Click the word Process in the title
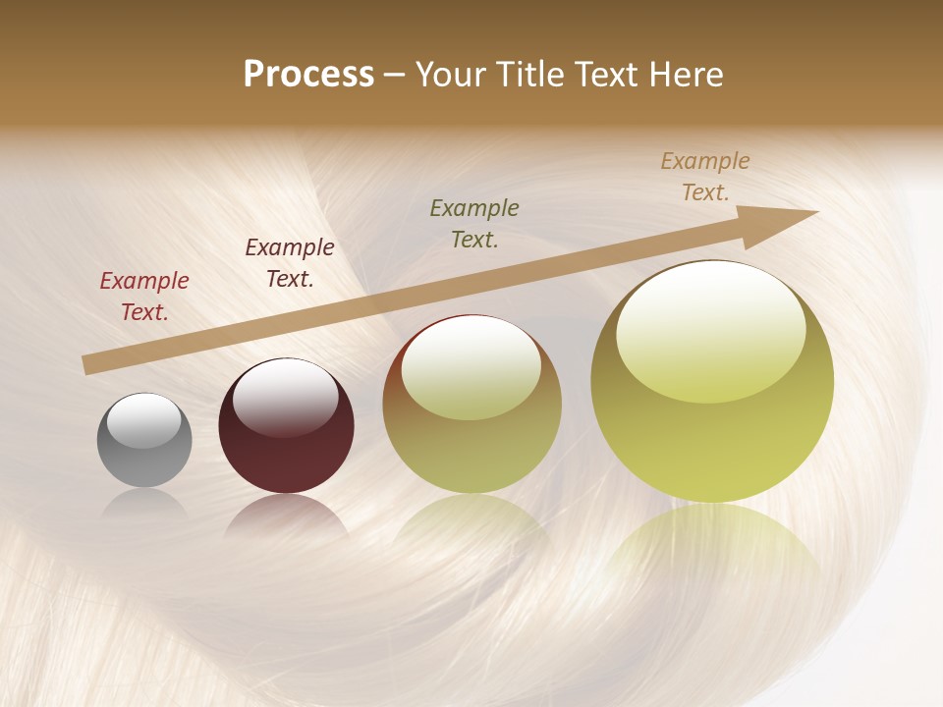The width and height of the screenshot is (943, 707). pos(308,75)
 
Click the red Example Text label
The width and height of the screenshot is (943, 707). pos(144,297)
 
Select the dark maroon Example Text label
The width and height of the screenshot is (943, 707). pos(290,263)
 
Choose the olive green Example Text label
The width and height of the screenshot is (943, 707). pos(474,223)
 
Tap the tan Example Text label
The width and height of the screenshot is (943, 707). pos(705,177)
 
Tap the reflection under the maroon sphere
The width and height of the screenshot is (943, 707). pos(286,516)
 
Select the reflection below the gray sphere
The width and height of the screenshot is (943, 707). pos(144,503)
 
